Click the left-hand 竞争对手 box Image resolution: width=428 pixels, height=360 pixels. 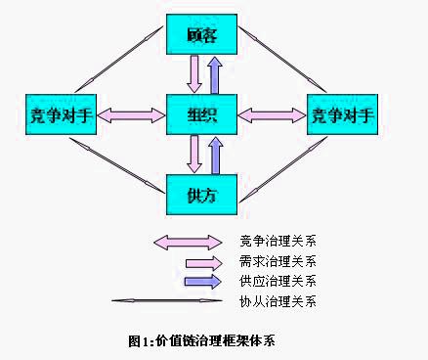coord(57,115)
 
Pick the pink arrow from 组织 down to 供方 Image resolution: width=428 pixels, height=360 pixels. coord(194,155)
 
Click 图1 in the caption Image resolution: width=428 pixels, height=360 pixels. coord(138,341)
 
